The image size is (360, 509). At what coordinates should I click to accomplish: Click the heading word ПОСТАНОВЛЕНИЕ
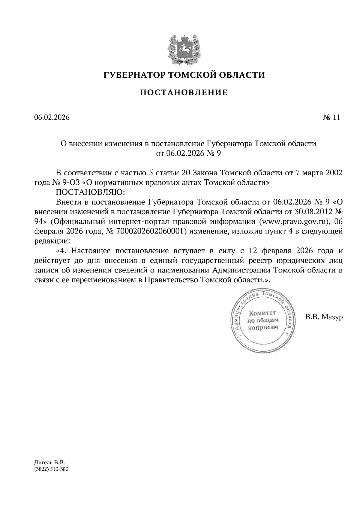pyautogui.click(x=184, y=93)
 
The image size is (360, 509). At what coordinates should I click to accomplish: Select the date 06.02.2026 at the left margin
pyautogui.click(x=52, y=118)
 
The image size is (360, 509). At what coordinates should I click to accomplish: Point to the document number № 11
pyautogui.click(x=331, y=118)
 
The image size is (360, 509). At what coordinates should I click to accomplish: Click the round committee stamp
pyautogui.click(x=262, y=320)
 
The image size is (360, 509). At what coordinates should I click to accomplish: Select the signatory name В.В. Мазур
pyautogui.click(x=324, y=317)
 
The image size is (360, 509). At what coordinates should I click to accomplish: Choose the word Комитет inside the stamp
pyautogui.click(x=263, y=314)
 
